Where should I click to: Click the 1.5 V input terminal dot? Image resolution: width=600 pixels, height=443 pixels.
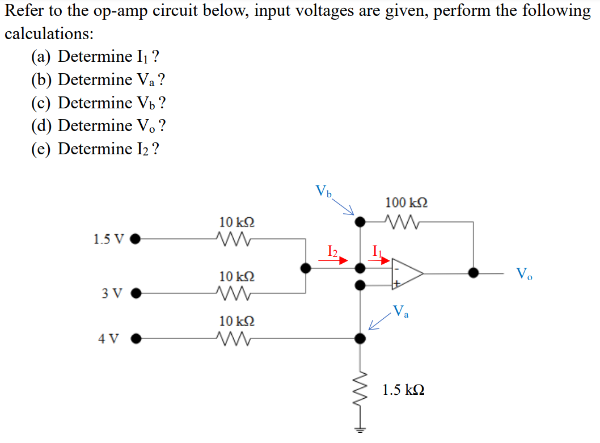pyautogui.click(x=135, y=239)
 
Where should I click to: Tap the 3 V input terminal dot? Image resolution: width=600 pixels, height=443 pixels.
pyautogui.click(x=135, y=294)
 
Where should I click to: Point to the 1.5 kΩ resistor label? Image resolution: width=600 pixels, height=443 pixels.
pyautogui.click(x=403, y=390)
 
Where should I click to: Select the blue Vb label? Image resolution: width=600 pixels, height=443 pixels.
pyautogui.click(x=324, y=191)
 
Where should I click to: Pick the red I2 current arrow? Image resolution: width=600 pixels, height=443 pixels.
pyautogui.click(x=333, y=260)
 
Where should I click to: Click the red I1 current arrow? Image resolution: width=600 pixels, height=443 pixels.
pyautogui.click(x=381, y=260)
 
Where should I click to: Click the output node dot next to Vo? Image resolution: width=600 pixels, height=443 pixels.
pyautogui.click(x=474, y=273)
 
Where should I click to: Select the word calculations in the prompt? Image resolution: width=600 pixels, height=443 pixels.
pyautogui.click(x=49, y=33)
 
